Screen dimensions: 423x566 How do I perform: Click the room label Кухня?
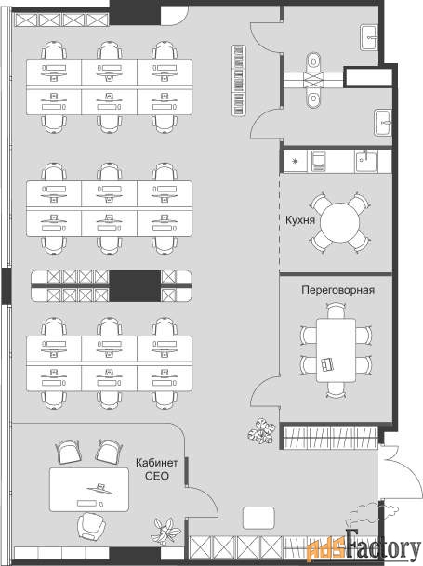tap(300, 220)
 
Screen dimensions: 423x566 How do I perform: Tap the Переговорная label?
tap(337, 290)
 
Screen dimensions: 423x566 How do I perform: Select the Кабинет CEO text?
tap(157, 469)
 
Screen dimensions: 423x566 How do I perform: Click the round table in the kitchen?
tap(340, 222)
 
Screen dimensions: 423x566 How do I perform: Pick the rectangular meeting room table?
tap(336, 350)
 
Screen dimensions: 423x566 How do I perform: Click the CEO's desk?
tap(89, 490)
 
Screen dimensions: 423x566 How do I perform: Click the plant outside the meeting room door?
tap(262, 430)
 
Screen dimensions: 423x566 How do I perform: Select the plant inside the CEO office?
tap(167, 531)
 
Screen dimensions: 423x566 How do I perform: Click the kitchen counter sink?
tap(365, 161)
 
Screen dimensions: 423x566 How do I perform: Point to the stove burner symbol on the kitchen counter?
tap(295, 161)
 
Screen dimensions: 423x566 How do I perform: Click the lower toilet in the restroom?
tap(313, 97)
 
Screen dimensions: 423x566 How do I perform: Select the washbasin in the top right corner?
tap(369, 37)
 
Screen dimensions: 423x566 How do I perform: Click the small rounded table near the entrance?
tap(258, 518)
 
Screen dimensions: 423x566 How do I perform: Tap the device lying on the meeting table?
tap(327, 363)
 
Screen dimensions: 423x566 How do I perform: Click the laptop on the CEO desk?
tap(99, 488)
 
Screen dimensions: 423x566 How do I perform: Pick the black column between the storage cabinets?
tap(135, 286)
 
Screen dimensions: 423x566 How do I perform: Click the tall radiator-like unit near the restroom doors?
tap(239, 81)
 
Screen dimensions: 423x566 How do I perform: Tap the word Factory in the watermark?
tap(383, 548)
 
